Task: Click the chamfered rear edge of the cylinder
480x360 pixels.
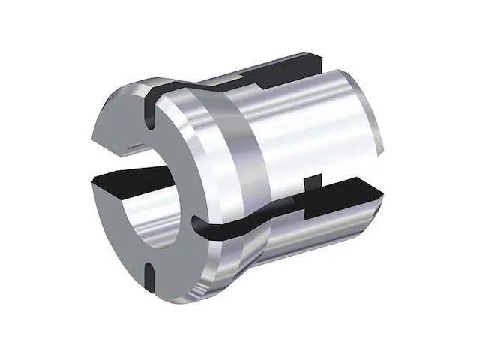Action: click(x=367, y=112)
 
